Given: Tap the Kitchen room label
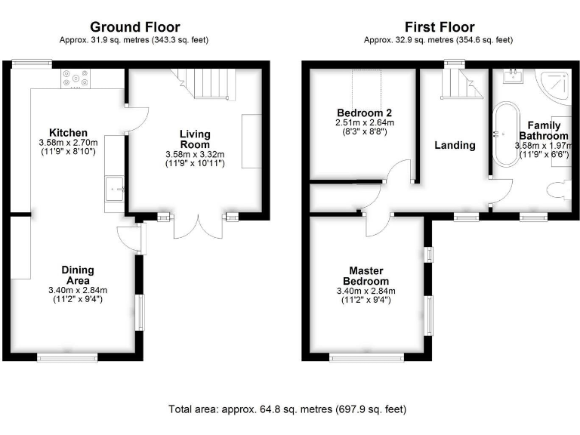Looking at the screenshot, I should (69, 132).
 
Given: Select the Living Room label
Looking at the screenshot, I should (195, 139).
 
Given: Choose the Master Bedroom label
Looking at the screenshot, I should (366, 275).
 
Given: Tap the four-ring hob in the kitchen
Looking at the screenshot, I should (73, 79).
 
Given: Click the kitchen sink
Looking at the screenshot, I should (116, 184).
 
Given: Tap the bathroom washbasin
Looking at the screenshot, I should (512, 76).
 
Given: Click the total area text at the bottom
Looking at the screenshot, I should (287, 409).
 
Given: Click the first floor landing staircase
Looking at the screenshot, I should (458, 84).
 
